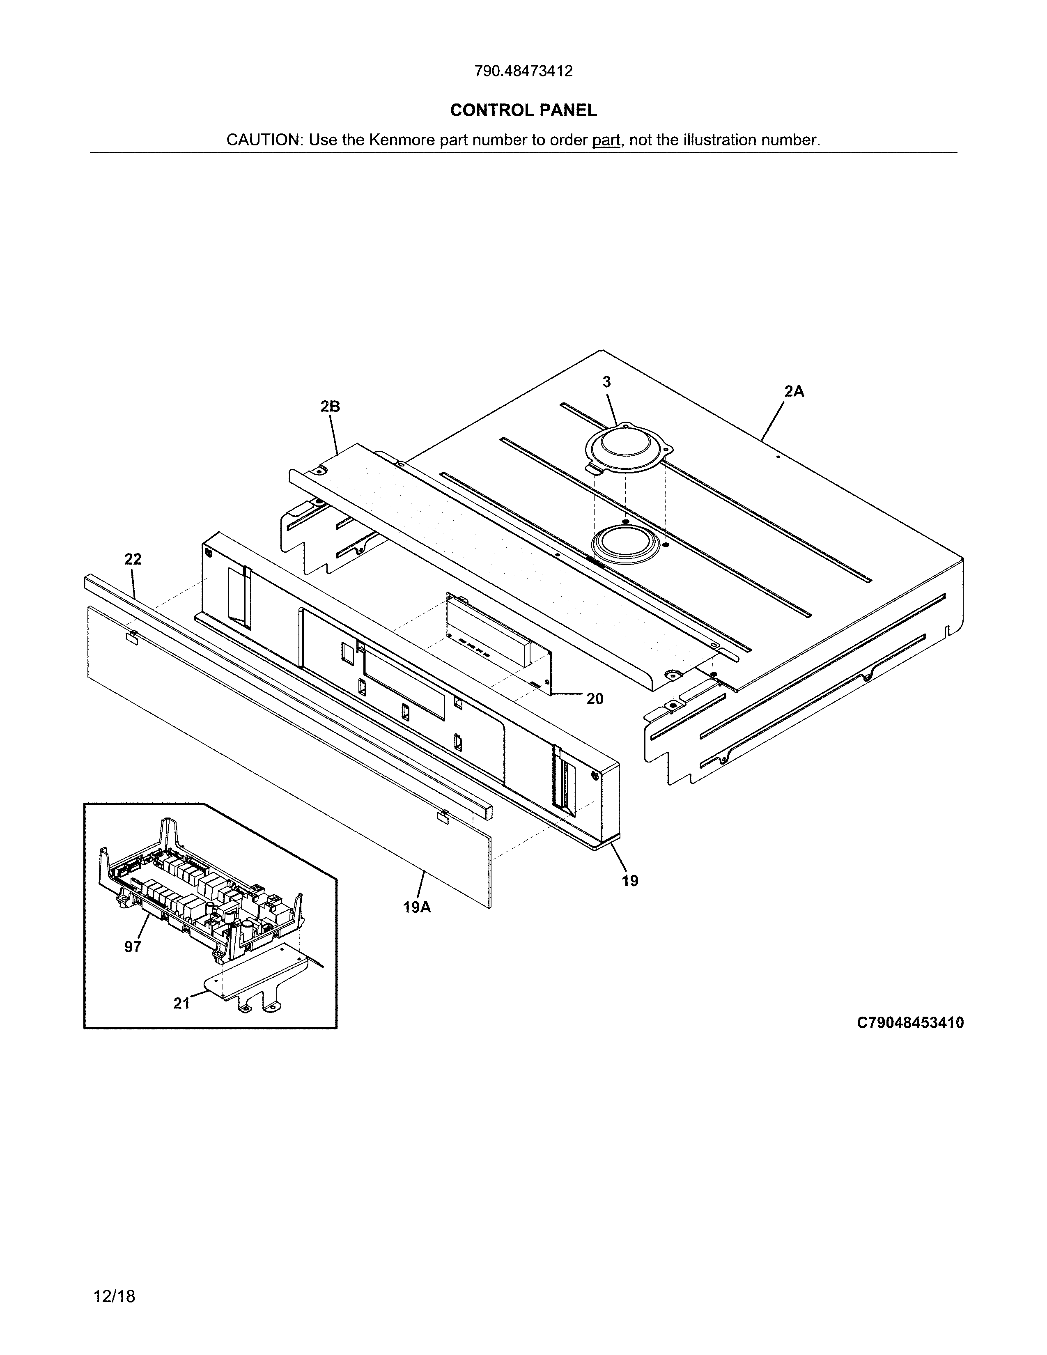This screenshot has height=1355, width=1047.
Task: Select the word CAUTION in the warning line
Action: pyautogui.click(x=263, y=140)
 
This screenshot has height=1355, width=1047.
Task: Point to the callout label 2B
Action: pyautogui.click(x=330, y=406)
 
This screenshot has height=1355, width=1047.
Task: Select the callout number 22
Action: pyautogui.click(x=133, y=559)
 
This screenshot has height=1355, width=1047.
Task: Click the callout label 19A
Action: pyautogui.click(x=417, y=907)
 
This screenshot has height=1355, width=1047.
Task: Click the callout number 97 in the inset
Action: pyautogui.click(x=132, y=947)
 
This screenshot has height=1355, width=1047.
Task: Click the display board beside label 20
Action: pyautogui.click(x=496, y=639)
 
